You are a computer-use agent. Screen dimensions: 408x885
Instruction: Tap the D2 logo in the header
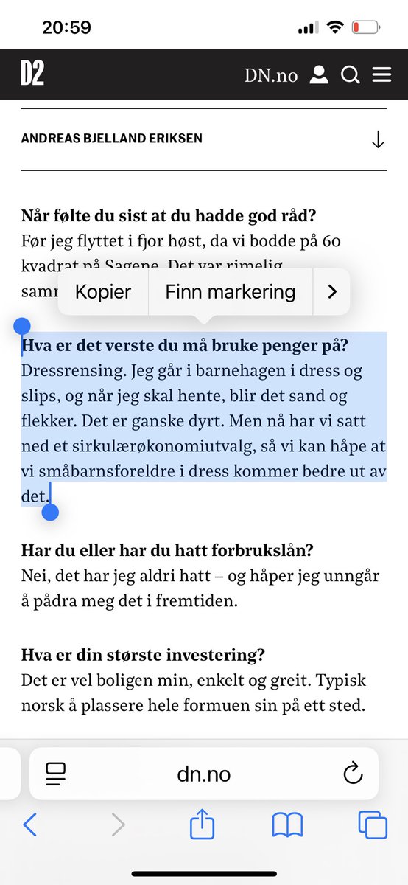coord(32,74)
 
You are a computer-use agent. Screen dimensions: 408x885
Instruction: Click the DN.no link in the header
coord(271,75)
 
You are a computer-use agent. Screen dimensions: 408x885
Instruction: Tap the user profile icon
coord(318,75)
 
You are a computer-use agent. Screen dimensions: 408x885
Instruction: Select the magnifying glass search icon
coord(350,75)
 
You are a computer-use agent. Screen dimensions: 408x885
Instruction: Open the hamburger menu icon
coord(381,75)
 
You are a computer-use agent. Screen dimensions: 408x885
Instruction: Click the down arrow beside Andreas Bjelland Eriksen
coord(378,139)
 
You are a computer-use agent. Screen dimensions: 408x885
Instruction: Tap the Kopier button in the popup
coord(103,292)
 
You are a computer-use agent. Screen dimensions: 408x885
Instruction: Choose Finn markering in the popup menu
coord(230,292)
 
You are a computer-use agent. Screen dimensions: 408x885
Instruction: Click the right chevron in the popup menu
coord(331,292)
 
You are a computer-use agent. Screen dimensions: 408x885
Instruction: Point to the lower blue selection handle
coord(50,511)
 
